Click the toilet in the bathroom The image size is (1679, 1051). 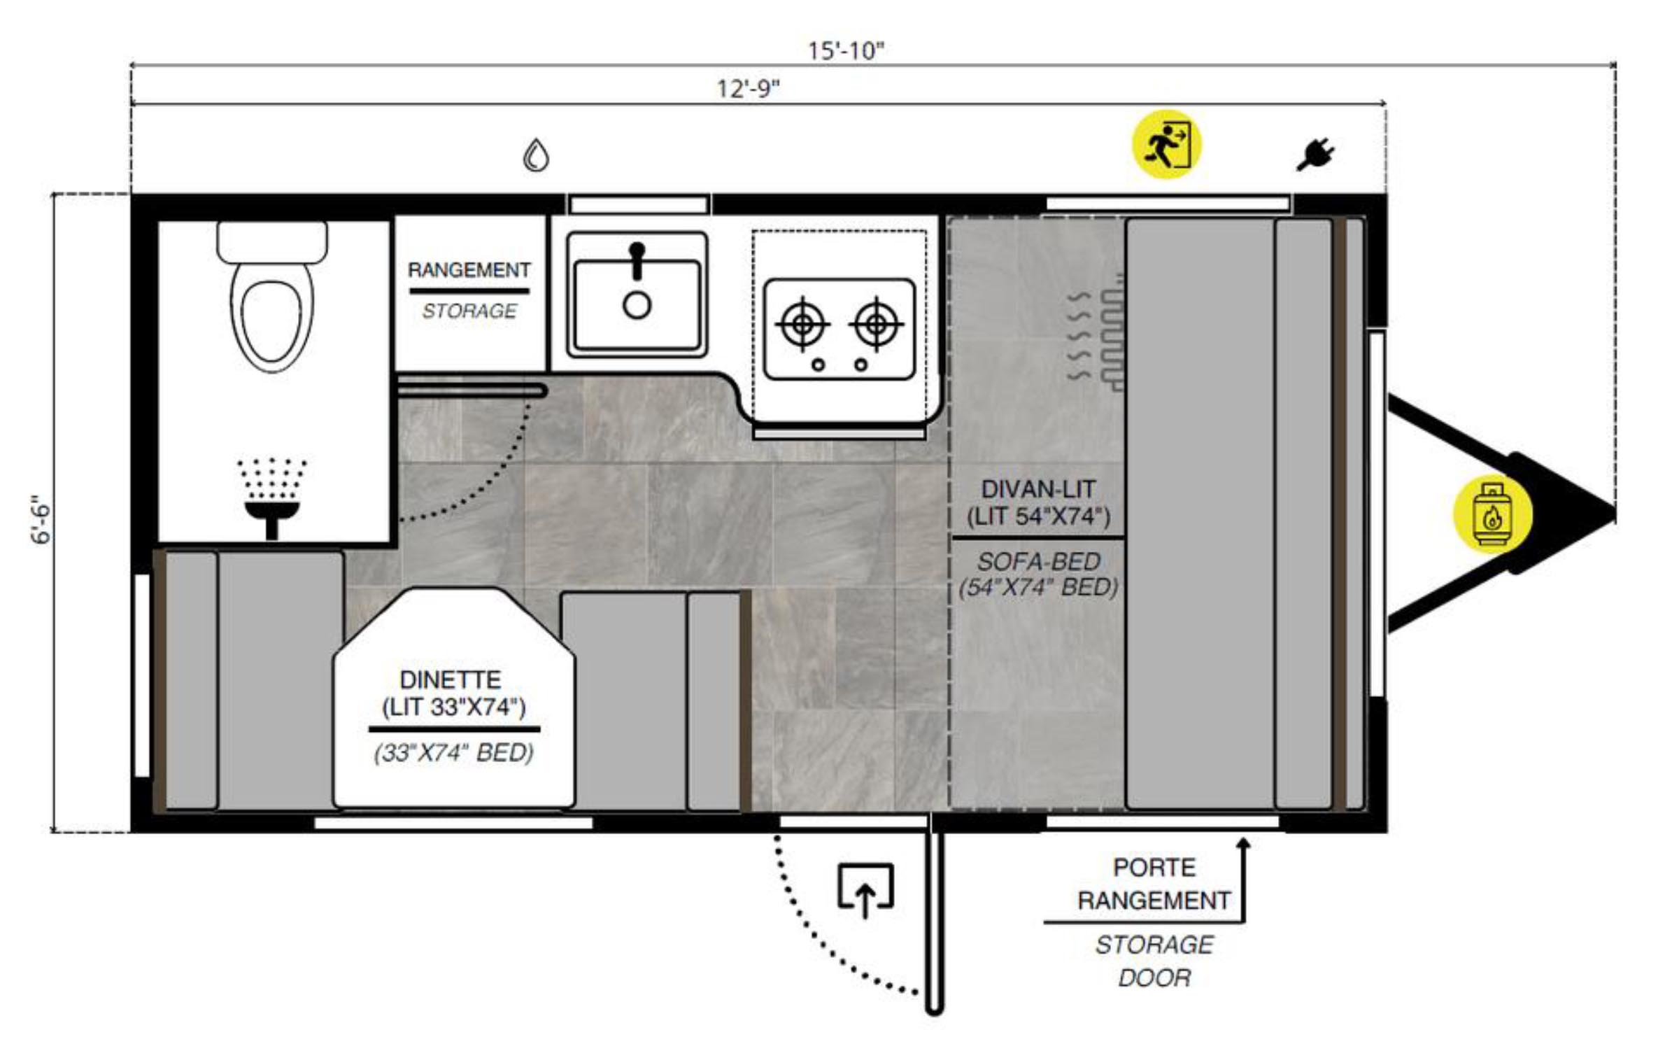point(271,297)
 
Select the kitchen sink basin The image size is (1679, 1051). point(637,295)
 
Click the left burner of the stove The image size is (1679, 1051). point(802,324)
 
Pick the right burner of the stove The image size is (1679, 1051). point(876,324)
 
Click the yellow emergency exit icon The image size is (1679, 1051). point(1166,144)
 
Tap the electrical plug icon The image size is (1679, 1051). point(1315,155)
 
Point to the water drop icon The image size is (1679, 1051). point(536,155)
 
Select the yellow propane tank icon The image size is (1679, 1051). point(1492,514)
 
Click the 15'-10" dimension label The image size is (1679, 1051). point(846,50)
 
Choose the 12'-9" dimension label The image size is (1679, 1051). point(748,89)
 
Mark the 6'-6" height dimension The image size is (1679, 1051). point(41,519)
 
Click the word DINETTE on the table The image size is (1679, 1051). point(450,679)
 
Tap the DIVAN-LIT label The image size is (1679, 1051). point(1038,488)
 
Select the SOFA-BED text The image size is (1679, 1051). point(1038,561)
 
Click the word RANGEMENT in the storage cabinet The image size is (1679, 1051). point(469,270)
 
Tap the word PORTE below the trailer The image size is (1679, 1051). point(1154,868)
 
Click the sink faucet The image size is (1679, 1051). point(637,260)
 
